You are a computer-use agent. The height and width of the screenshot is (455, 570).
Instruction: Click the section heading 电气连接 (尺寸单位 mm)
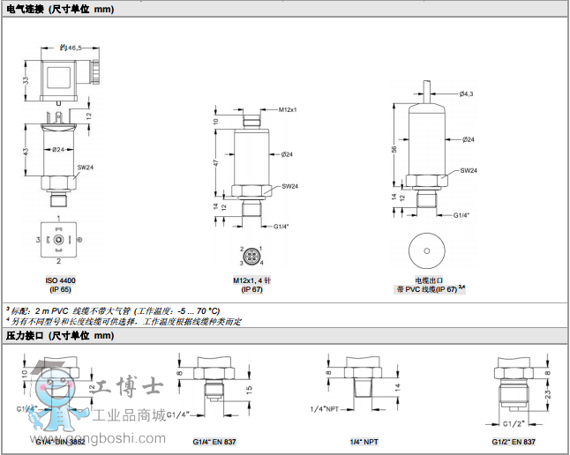[60, 9]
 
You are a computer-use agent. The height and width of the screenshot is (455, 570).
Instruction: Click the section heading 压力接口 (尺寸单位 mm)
[60, 336]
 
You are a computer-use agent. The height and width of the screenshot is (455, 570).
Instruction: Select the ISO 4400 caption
[59, 280]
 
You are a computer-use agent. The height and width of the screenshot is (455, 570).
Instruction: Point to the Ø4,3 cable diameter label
[467, 93]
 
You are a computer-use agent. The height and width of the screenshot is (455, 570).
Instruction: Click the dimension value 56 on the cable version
[394, 149]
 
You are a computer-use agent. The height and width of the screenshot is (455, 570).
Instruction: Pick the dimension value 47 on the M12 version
[216, 163]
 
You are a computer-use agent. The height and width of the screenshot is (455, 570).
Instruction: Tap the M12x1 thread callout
[288, 109]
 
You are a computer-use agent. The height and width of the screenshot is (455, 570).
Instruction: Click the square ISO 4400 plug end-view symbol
[58, 239]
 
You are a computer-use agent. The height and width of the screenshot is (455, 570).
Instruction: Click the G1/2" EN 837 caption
[514, 440]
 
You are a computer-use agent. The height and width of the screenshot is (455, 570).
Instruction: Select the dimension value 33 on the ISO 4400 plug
[26, 80]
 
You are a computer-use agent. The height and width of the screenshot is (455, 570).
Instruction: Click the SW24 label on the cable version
[469, 170]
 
